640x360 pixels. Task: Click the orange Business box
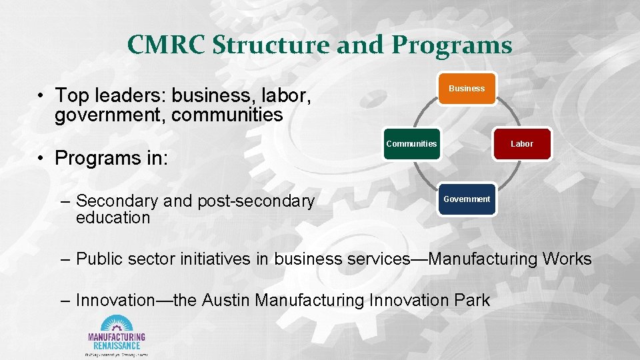tap(467, 89)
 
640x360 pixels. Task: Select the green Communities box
tap(411, 144)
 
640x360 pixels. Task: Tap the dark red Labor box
tap(522, 144)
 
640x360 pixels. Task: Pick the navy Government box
tap(467, 199)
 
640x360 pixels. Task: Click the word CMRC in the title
tap(167, 45)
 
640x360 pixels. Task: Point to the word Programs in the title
tap(451, 45)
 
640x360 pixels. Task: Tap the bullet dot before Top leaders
tap(41, 96)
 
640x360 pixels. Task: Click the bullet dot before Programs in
tap(41, 159)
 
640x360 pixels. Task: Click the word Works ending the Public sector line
tap(567, 259)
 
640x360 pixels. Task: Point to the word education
tap(113, 218)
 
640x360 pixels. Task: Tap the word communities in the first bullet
tap(227, 115)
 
